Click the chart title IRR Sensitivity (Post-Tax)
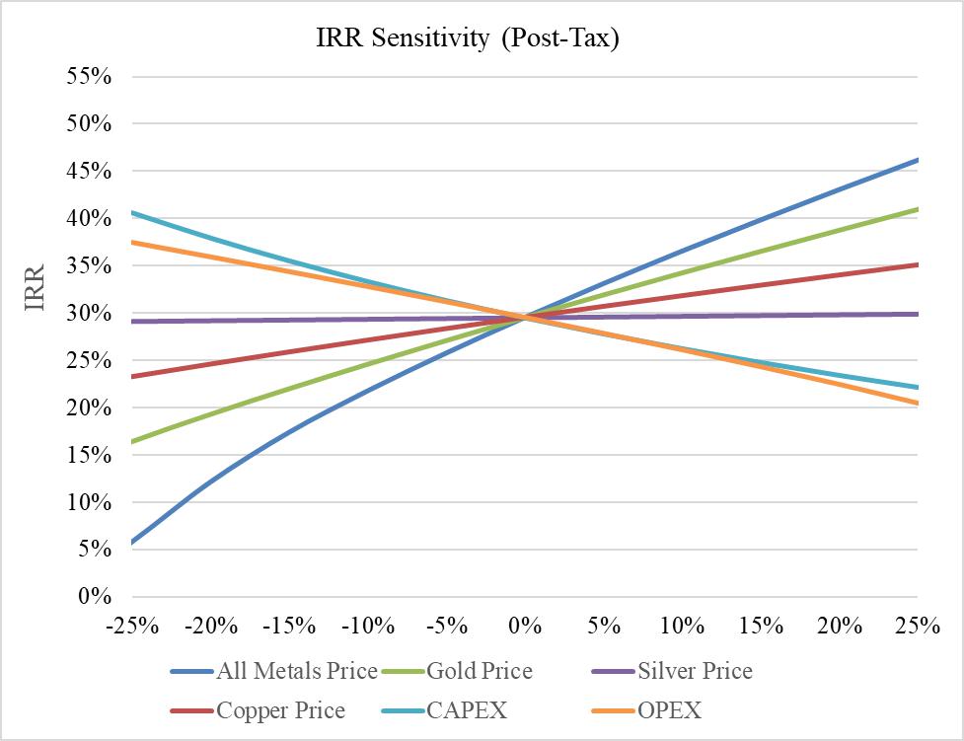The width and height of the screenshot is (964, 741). (x=467, y=39)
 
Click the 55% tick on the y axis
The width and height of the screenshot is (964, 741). (x=89, y=77)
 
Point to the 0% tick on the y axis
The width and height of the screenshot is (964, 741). (x=97, y=597)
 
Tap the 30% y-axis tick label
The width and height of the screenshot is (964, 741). (x=89, y=314)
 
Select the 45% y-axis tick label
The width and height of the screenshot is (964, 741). (x=89, y=172)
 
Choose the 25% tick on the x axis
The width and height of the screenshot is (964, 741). (x=918, y=626)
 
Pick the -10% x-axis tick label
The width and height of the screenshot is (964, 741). (x=367, y=626)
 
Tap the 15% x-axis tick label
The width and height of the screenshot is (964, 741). (x=760, y=626)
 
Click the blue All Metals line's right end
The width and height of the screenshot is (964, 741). (x=918, y=160)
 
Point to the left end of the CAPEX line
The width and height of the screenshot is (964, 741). (x=131, y=212)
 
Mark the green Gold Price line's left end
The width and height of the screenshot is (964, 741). (x=131, y=442)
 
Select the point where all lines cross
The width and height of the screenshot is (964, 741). (x=525, y=317)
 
